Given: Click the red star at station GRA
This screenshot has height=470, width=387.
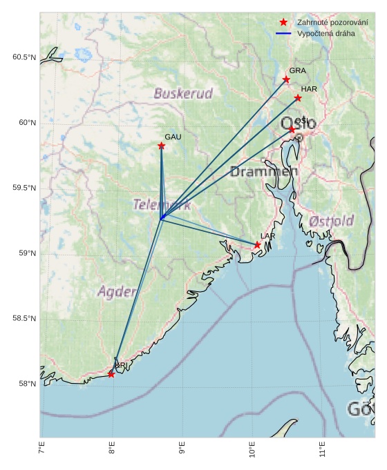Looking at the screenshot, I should pyautogui.click(x=286, y=79).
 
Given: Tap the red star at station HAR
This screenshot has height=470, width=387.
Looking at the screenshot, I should pyautogui.click(x=298, y=98).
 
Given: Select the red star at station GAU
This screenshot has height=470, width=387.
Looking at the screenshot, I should pyautogui.click(x=161, y=146).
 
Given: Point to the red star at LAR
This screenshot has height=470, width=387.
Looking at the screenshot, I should pyautogui.click(x=257, y=245).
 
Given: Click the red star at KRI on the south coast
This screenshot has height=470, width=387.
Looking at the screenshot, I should pyautogui.click(x=111, y=374).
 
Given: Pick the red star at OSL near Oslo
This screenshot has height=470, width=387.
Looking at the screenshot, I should pyautogui.click(x=292, y=130).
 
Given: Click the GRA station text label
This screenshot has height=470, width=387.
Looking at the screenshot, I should pyautogui.click(x=297, y=70).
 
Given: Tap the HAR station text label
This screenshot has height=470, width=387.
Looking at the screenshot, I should pyautogui.click(x=309, y=89).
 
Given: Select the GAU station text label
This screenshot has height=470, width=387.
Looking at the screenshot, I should pyautogui.click(x=173, y=137).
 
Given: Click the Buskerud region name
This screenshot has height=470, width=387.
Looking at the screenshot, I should pyautogui.click(x=183, y=93).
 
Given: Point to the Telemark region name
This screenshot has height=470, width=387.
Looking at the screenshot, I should pyautogui.click(x=162, y=205).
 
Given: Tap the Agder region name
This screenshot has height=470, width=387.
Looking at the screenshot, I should pyautogui.click(x=117, y=292).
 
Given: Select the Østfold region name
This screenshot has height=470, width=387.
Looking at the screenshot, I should pyautogui.click(x=332, y=221).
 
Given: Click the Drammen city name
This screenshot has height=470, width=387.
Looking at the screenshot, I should pyautogui.click(x=264, y=172).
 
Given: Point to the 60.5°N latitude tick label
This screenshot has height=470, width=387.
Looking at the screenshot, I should pyautogui.click(x=23, y=57).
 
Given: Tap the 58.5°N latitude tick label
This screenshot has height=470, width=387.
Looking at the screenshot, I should pyautogui.click(x=23, y=318).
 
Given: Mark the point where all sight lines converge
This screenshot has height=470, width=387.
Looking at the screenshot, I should pyautogui.click(x=161, y=218).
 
